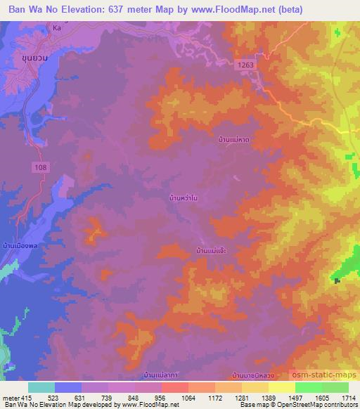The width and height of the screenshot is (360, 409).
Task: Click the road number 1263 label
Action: click(246, 64)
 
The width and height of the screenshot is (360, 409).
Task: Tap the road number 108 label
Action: click(41, 166)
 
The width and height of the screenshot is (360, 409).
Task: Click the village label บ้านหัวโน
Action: click(184, 199)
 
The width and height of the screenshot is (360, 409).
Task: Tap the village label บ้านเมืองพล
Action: click(19, 247)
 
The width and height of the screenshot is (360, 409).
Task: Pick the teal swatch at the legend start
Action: click(41, 387)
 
